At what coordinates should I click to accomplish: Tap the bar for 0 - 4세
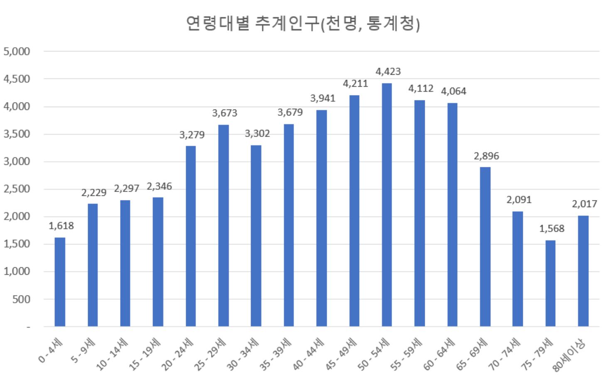(60, 282)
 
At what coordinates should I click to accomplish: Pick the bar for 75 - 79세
(550, 283)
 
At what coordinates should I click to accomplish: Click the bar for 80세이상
(583, 271)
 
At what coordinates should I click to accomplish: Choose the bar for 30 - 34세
(256, 235)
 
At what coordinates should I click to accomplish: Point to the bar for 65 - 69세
(485, 247)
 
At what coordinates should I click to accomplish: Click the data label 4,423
(388, 71)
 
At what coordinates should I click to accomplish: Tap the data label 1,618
(61, 226)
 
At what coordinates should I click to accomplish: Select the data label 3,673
(224, 113)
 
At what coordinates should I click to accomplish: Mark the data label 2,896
(486, 156)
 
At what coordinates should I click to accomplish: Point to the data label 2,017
(584, 204)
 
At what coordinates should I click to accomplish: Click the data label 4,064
(453, 91)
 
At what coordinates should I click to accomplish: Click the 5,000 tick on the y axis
(17, 51)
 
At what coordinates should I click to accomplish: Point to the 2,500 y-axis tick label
(17, 189)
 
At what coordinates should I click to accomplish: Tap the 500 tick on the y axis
(21, 299)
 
